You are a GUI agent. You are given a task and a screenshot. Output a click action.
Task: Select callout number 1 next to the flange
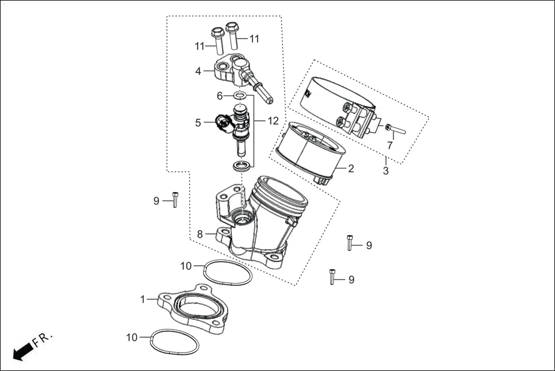[143, 300]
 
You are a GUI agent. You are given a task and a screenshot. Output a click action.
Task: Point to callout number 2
[350, 169]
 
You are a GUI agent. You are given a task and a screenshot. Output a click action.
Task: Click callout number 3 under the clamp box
[385, 171]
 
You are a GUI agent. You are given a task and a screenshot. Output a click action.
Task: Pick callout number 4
[198, 71]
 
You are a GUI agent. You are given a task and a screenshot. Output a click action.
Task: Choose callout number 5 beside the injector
[198, 122]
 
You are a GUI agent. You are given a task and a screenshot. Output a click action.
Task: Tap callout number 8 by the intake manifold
[200, 234]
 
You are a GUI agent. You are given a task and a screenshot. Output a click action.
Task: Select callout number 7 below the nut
[389, 146]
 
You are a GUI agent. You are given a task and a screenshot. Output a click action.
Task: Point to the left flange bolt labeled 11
[217, 39]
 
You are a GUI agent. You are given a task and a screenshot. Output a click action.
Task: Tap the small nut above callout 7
[389, 127]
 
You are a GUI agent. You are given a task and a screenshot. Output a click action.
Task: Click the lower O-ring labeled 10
[174, 343]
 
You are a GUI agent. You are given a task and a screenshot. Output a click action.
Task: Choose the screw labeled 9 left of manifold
[175, 200]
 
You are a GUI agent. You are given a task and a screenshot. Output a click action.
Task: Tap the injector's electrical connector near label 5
[221, 121]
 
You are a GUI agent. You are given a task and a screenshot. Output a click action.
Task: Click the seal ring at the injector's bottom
[242, 166]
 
